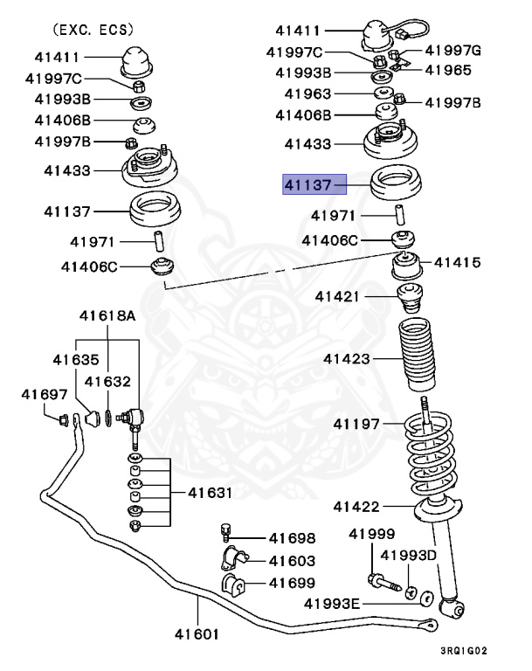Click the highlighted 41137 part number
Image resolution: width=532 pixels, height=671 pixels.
point(307,185)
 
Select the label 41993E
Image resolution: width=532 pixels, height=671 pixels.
point(332,603)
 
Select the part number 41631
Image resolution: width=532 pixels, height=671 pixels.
point(210,493)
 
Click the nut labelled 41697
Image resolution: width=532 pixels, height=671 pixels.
point(63,420)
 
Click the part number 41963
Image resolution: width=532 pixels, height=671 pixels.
point(307,93)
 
